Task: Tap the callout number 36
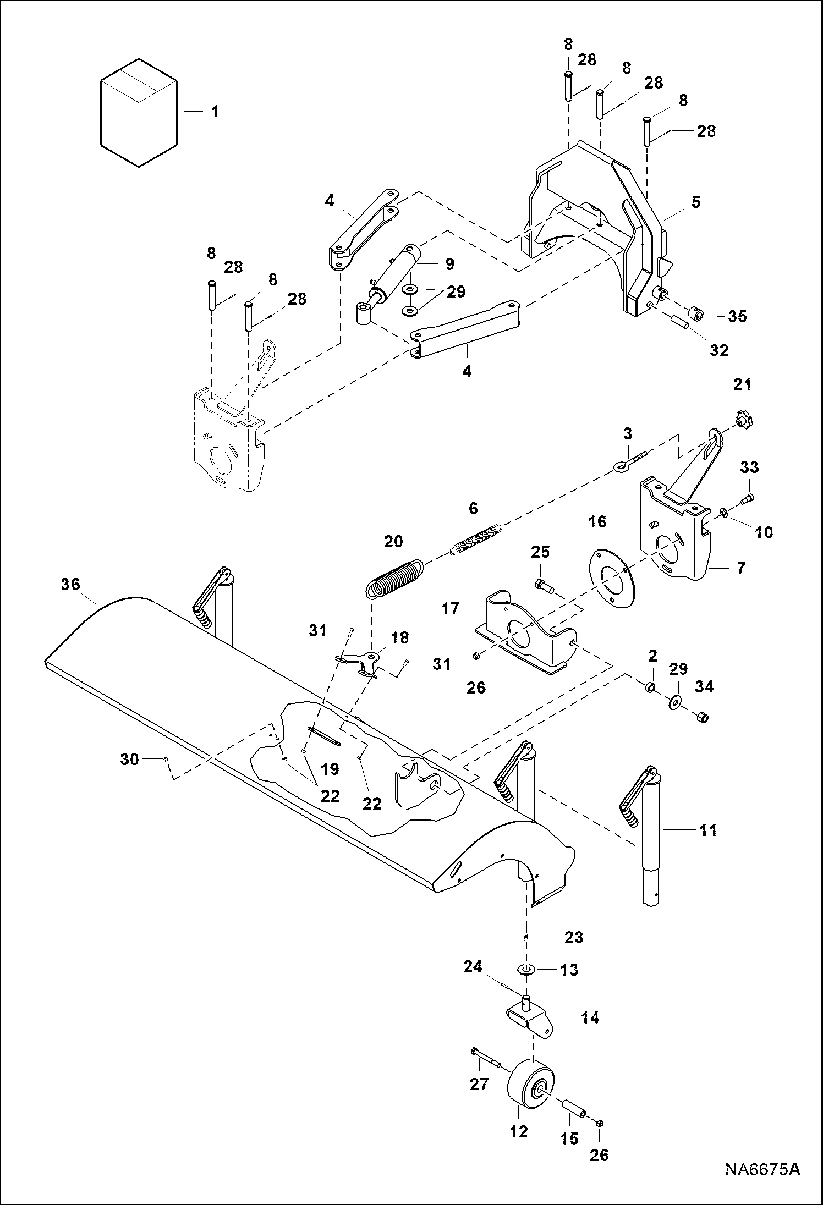tap(70, 584)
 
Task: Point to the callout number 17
tap(450, 609)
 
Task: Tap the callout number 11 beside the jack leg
tap(708, 830)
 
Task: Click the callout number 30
tap(129, 760)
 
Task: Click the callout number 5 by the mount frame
tap(696, 202)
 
